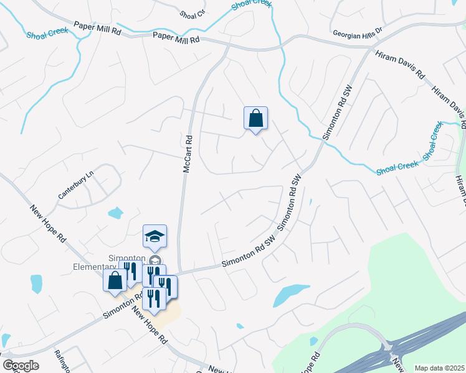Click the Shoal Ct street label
pos(192,13)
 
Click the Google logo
pos(20,365)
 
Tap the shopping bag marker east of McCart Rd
pos(255,118)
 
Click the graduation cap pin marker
pos(155,236)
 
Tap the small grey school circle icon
pos(155,260)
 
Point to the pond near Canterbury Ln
pos(115,214)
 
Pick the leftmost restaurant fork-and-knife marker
pos(130,271)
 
